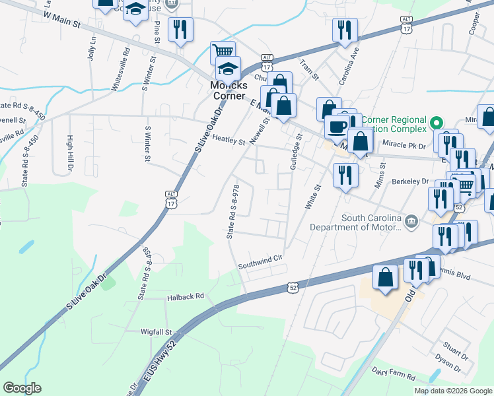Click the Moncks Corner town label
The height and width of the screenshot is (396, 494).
click(x=228, y=90)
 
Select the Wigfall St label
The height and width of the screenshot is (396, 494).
click(x=156, y=332)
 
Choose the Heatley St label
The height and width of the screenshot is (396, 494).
click(x=229, y=141)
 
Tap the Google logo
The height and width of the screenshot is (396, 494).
click(x=22, y=388)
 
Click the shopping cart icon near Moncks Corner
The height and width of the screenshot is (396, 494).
click(x=223, y=51)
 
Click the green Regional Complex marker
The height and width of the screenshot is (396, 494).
click(x=436, y=123)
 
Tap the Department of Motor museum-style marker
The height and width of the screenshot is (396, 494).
click(x=411, y=220)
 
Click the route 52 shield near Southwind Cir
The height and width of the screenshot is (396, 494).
click(x=293, y=287)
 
